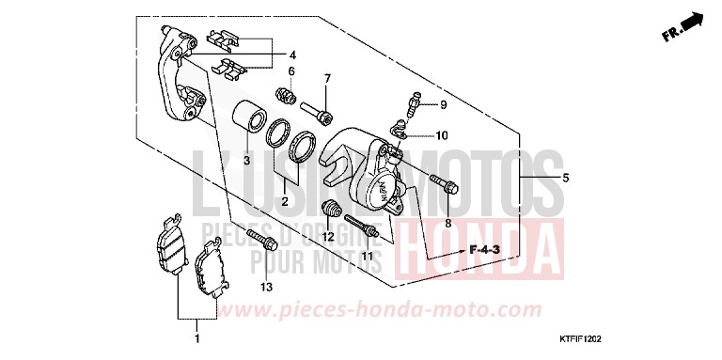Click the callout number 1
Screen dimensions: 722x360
[196, 337]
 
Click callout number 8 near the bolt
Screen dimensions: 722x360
[447, 224]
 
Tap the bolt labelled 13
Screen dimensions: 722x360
[261, 241]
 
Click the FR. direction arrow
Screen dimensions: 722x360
[683, 27]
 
